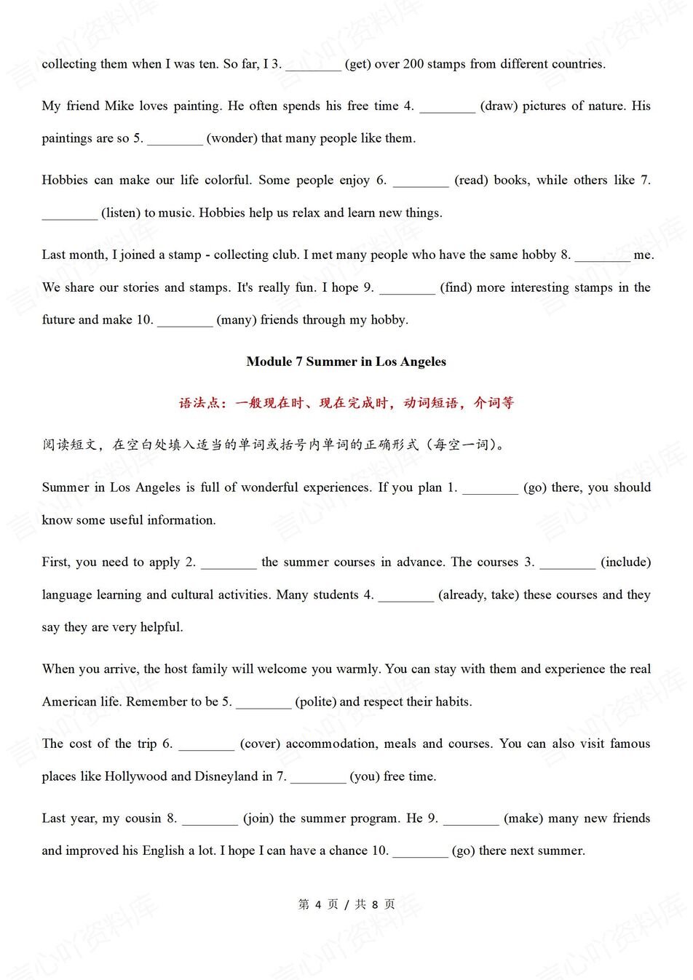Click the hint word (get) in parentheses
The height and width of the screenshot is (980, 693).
(357, 64)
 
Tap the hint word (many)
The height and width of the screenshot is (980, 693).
(237, 320)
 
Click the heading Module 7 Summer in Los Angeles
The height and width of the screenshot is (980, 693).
(346, 362)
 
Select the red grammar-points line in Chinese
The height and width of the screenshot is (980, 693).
(346, 403)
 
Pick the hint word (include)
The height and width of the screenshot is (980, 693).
(625, 562)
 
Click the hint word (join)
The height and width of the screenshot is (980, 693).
(258, 818)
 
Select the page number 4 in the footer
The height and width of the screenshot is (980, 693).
(318, 904)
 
